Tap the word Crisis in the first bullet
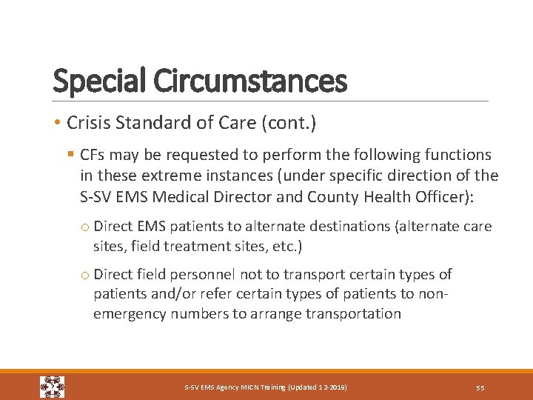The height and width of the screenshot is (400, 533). coord(87,123)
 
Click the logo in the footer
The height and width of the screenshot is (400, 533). coord(52,387)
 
